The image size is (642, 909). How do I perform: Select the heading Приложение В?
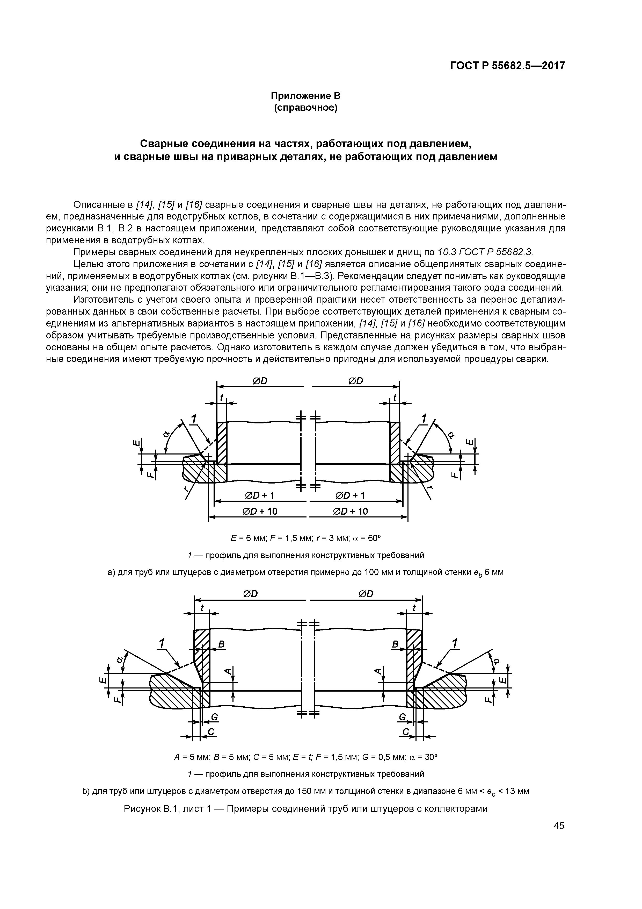coord(305,96)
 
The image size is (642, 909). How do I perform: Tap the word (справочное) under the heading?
coord(305,108)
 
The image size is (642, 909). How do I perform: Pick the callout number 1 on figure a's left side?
coord(194,418)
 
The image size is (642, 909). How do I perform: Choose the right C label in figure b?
coord(405,733)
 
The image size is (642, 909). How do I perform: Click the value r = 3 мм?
coord(332,538)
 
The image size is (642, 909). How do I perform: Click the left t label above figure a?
coord(222,397)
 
